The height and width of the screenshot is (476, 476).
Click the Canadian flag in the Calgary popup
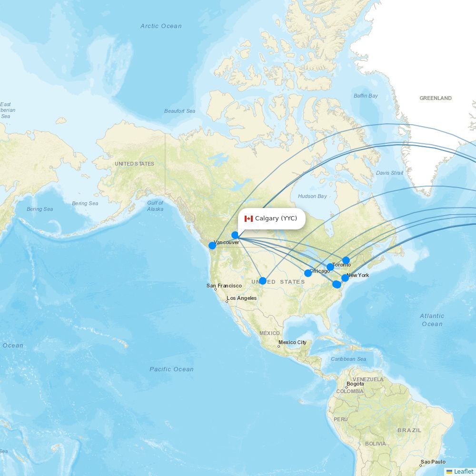pos(248,218)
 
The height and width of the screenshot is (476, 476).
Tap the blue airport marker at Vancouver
pos(212,246)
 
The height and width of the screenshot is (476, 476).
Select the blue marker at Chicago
pos(308,273)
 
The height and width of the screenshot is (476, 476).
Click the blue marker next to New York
pos(345,278)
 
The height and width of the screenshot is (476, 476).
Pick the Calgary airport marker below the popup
pos(235,235)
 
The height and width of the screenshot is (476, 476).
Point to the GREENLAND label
pos(435,98)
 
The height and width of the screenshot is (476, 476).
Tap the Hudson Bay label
pos(312,196)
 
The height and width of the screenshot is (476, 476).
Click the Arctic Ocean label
pos(161,26)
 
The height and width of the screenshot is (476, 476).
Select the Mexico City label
pos(292,342)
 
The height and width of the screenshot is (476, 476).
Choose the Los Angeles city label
pos(241,298)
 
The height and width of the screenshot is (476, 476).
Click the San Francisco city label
pos(224,286)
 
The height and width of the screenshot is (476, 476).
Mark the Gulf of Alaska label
pos(155,206)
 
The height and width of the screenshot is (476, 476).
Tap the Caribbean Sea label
pos(348,359)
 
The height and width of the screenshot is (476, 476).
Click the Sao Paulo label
pos(433,462)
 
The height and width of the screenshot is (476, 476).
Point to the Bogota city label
pos(355,384)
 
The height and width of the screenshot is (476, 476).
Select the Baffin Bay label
pos(366,96)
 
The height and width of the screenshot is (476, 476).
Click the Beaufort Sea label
pos(179,111)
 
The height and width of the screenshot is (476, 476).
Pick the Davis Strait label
pos(389,173)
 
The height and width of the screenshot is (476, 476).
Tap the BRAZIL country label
pos(409,430)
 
